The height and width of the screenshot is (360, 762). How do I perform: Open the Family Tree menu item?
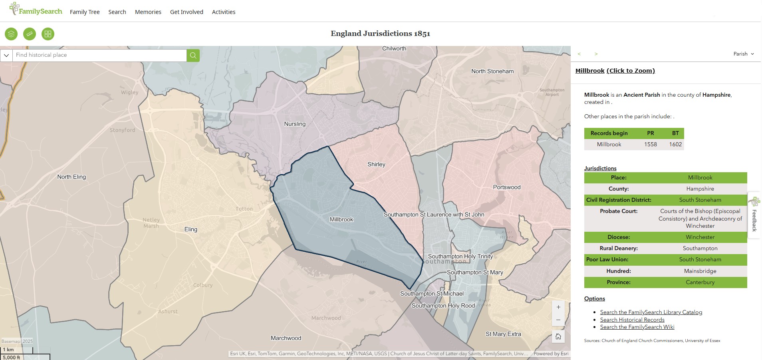(85, 12)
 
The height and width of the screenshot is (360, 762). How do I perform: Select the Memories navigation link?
(148, 12)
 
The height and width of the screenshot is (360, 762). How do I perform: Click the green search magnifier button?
(193, 55)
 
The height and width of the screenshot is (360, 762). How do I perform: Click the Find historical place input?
(100, 55)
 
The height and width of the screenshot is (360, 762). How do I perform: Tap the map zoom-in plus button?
(558, 307)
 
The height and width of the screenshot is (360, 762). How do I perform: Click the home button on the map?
(558, 336)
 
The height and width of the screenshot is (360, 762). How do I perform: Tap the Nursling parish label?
(295, 124)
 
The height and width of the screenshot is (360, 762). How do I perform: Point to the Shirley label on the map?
(376, 164)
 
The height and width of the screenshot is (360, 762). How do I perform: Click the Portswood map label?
(507, 187)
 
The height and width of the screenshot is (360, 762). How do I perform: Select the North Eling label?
(71, 177)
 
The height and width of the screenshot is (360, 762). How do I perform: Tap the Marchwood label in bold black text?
(286, 338)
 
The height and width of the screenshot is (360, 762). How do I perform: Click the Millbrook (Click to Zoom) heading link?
(615, 71)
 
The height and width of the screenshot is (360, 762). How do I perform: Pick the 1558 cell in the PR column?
(650, 144)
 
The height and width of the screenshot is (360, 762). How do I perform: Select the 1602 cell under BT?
(675, 144)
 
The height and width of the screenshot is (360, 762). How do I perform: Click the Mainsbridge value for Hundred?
(700, 271)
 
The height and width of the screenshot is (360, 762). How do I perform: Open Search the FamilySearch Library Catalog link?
(651, 312)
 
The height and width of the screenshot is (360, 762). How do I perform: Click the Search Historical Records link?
(632, 320)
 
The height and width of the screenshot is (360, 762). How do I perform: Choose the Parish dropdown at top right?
(744, 54)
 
